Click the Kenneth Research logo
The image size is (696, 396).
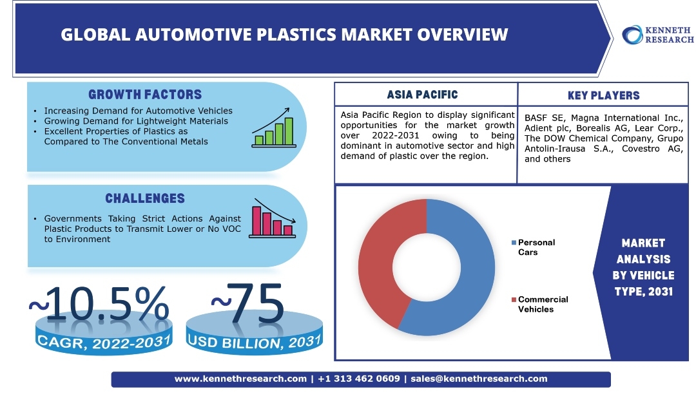point(657,35)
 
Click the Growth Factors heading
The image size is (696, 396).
point(145,95)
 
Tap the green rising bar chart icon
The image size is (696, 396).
point(274,129)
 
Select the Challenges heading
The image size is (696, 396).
point(145,198)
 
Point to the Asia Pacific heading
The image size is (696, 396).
point(422,95)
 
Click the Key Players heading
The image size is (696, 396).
point(603,96)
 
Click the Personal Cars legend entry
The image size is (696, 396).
point(535,247)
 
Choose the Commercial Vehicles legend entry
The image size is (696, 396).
point(541,304)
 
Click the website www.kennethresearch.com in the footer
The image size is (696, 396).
point(240,379)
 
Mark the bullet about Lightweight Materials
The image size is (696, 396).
point(136,120)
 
